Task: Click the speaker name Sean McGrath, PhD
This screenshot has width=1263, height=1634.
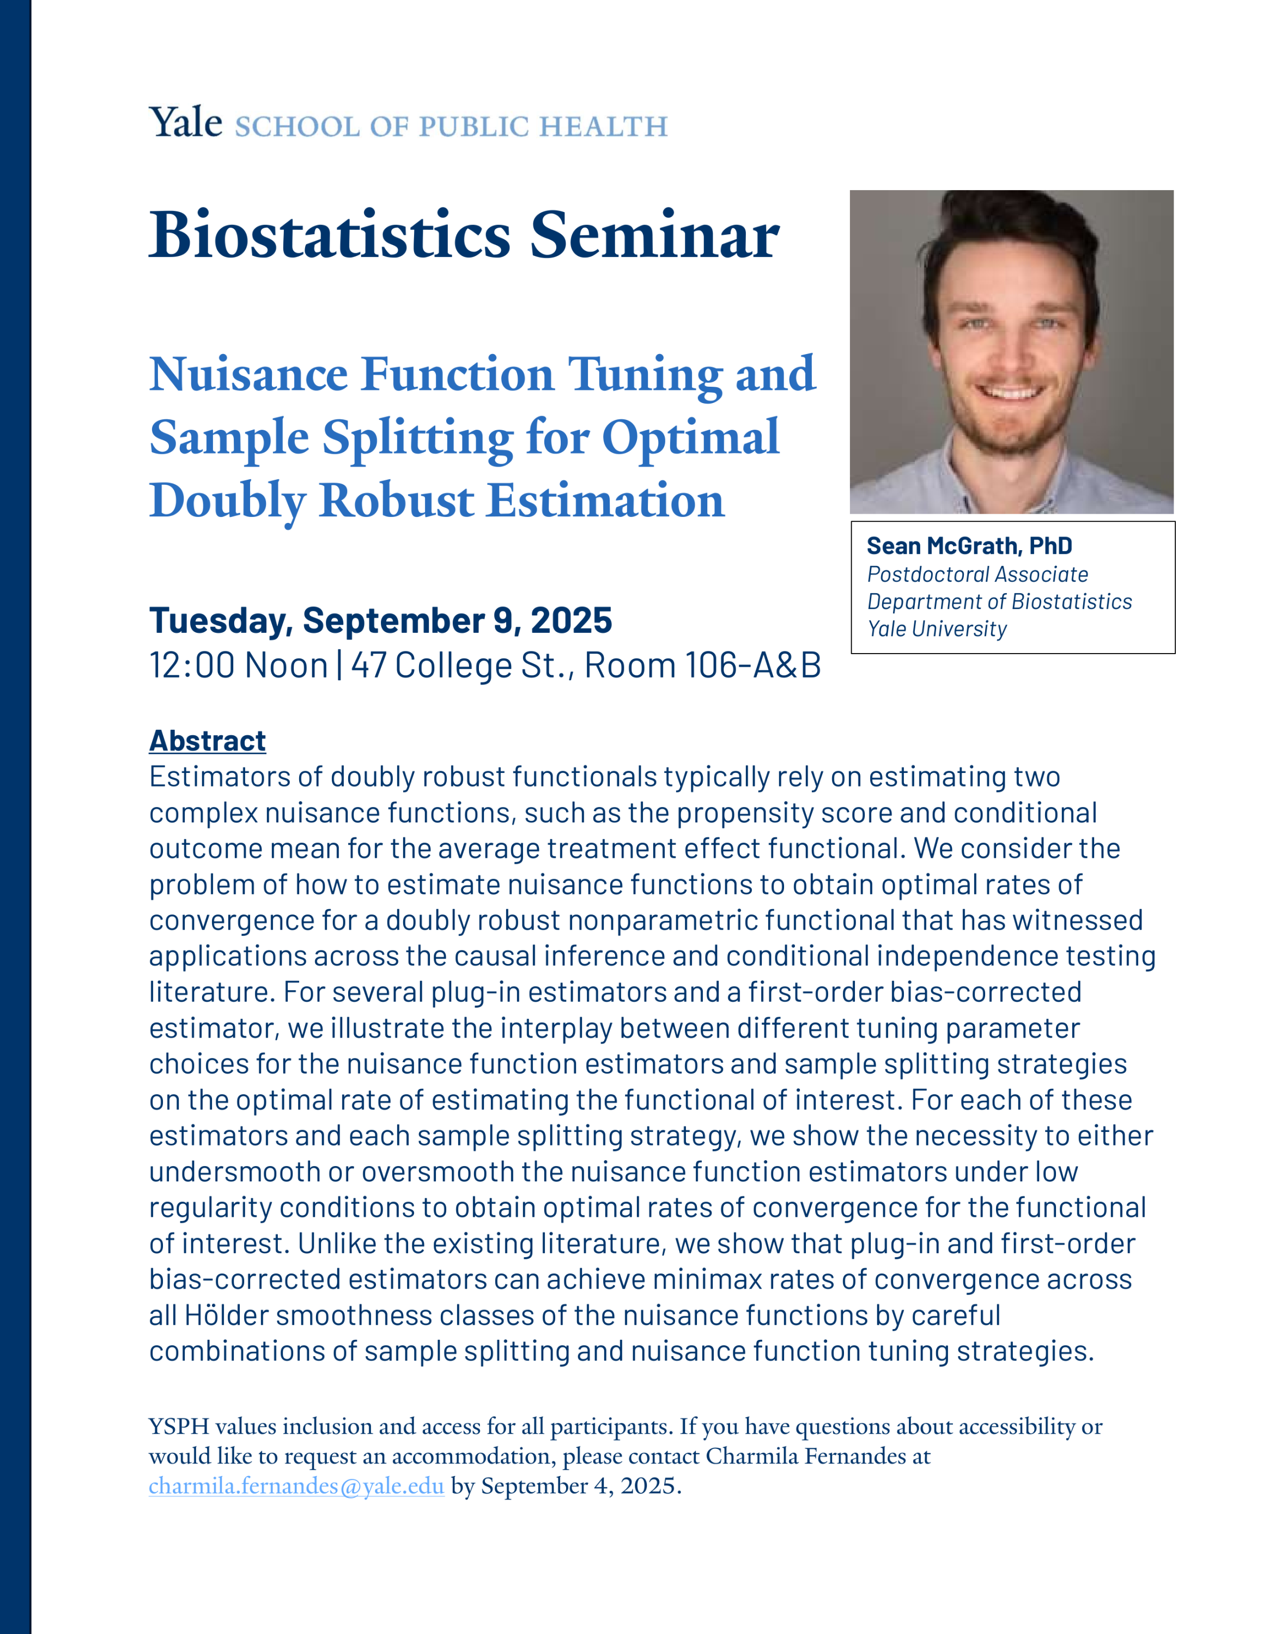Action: point(969,546)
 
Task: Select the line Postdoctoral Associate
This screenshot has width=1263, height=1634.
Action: point(977,575)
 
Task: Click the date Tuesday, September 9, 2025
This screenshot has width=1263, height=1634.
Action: point(381,621)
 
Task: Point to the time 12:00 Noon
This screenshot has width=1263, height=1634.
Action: point(239,665)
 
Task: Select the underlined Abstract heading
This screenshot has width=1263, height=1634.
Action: point(207,741)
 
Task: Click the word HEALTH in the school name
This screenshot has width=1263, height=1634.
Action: point(603,127)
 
